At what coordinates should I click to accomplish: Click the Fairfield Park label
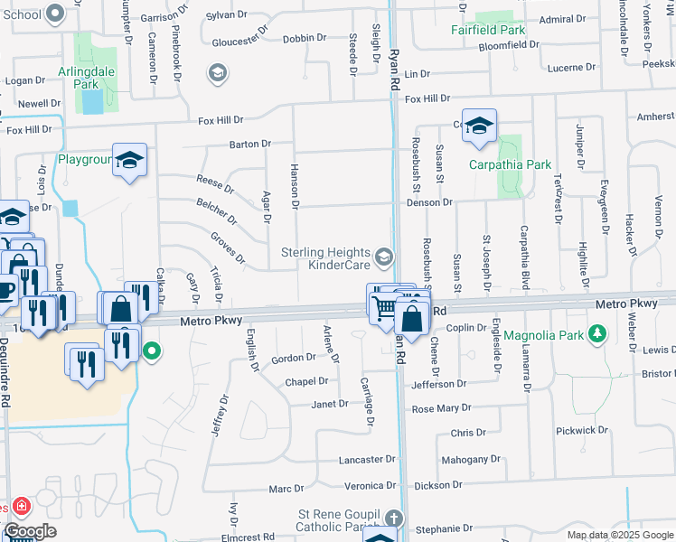point(488,30)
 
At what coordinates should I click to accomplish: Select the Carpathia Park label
point(510,164)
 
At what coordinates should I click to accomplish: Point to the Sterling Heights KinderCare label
point(325,258)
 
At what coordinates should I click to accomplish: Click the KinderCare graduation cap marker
point(385,259)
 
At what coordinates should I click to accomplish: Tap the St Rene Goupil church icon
point(392,519)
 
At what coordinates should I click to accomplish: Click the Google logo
point(30,531)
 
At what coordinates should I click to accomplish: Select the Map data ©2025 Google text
point(621,535)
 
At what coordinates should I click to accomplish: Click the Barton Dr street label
point(250,144)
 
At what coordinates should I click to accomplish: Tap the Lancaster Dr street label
point(367,460)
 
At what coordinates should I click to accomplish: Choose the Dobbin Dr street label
point(304,38)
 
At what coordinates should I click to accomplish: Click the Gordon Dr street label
point(294,358)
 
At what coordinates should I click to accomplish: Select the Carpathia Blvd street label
point(523,263)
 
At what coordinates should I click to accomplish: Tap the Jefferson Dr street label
point(439,384)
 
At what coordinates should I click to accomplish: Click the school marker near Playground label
point(129,161)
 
